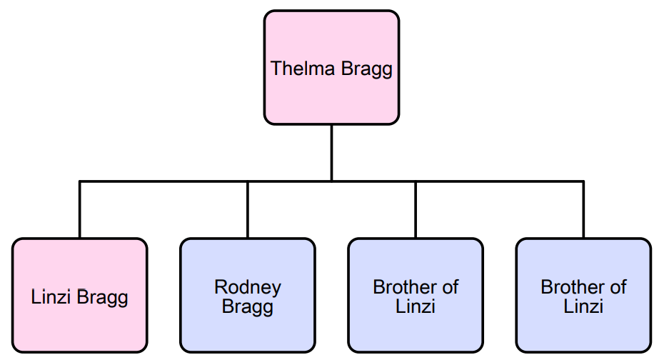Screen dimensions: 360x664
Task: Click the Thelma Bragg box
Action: [x=331, y=67]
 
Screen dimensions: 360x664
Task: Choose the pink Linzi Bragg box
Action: [x=79, y=295]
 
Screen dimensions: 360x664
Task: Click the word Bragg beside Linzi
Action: [x=104, y=297]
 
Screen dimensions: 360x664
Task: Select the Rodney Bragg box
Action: [x=247, y=295]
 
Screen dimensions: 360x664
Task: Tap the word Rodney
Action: [x=248, y=287]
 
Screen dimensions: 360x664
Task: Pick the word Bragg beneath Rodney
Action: [x=248, y=307]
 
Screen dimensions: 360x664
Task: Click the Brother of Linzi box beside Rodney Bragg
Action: [x=416, y=295]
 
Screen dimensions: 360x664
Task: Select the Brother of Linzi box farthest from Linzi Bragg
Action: [x=583, y=295]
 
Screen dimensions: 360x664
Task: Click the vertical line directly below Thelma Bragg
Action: [x=331, y=151]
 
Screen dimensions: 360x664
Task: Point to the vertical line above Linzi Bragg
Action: [x=79, y=209]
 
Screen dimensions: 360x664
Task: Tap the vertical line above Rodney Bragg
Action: [x=248, y=209]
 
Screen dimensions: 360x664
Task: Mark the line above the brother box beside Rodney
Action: [x=416, y=209]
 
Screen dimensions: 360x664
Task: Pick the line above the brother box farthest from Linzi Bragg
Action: [x=583, y=209]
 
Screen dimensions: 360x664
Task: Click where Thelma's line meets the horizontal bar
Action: [x=331, y=181]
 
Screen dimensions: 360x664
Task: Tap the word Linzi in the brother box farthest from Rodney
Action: [x=583, y=307]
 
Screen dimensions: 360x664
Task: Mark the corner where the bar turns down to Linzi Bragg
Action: [x=79, y=181]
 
